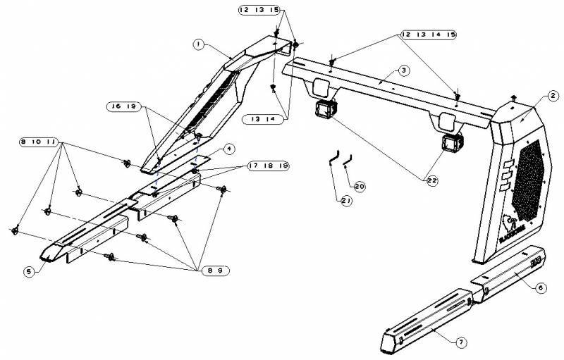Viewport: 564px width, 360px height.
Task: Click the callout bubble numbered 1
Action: pos(200,44)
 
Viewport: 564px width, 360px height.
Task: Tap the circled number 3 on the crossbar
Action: pos(402,70)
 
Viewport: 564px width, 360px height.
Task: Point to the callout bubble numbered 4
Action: pos(229,149)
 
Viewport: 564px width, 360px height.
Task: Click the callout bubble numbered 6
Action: pos(540,287)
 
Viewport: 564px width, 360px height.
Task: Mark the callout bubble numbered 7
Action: pos(460,342)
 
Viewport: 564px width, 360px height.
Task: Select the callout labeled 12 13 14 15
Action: pos(429,35)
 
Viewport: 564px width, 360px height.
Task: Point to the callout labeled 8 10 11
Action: pos(39,142)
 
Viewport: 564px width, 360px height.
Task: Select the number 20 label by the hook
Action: pos(360,186)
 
